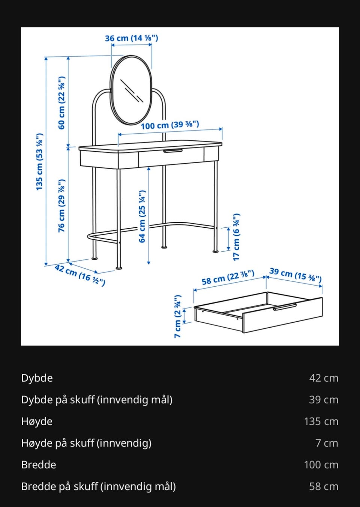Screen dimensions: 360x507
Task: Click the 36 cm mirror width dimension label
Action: tap(131, 38)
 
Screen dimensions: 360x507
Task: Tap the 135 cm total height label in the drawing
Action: tap(39, 162)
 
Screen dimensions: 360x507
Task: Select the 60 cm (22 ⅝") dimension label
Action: tap(61, 103)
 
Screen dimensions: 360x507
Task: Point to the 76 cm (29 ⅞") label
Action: tap(61, 206)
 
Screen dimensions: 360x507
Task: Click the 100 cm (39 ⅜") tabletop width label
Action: tap(170, 125)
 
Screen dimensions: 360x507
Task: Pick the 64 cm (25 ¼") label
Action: tap(142, 217)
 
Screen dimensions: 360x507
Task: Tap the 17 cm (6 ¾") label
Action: tap(236, 237)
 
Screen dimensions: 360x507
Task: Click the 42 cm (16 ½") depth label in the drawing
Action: tap(80, 275)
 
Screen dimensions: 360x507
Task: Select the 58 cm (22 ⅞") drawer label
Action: tap(228, 277)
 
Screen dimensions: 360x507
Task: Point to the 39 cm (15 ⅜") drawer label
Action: tap(295, 275)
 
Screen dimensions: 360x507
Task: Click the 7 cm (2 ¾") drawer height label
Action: tap(178, 316)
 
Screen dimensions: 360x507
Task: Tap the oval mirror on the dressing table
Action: tap(131, 90)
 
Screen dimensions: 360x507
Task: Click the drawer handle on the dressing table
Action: tap(173, 151)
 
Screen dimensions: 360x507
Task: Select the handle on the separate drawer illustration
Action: tap(285, 307)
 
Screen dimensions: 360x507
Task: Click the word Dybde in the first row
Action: tap(37, 378)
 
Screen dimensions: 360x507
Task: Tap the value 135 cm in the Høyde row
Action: tap(321, 421)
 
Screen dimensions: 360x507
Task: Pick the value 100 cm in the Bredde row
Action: tap(321, 465)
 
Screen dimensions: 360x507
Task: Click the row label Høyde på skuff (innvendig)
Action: tap(86, 443)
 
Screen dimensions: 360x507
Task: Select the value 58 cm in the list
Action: tap(324, 487)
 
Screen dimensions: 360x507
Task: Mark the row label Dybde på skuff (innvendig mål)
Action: tap(97, 400)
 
